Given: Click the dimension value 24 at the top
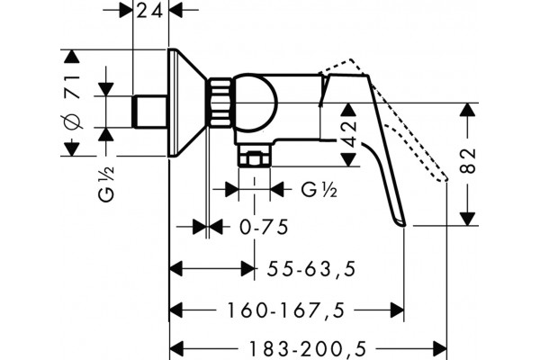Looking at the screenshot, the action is click(x=149, y=12).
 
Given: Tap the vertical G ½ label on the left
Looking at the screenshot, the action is click(x=106, y=184).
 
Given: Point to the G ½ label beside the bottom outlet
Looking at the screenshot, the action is click(x=319, y=190).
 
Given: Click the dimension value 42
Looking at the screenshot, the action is click(x=349, y=134).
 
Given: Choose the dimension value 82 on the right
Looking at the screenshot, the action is click(x=468, y=160).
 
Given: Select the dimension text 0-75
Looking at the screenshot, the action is click(x=264, y=227).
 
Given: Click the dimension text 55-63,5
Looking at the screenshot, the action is click(x=311, y=269).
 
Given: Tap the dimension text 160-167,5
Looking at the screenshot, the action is click(x=285, y=310).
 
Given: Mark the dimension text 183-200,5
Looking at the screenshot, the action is click(x=307, y=349).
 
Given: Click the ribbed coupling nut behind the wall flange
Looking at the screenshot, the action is click(x=220, y=103).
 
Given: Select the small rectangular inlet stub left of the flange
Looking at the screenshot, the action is click(x=150, y=112).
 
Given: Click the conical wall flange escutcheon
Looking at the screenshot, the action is click(x=187, y=103).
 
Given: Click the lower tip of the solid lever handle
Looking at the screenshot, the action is click(x=403, y=225).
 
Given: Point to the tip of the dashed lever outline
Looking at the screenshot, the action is click(x=445, y=179).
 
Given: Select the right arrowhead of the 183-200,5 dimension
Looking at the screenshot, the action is click(x=440, y=347).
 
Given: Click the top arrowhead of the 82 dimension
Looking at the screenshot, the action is click(x=467, y=110).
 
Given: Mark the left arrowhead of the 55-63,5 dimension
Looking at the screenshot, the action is click(x=176, y=269).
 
